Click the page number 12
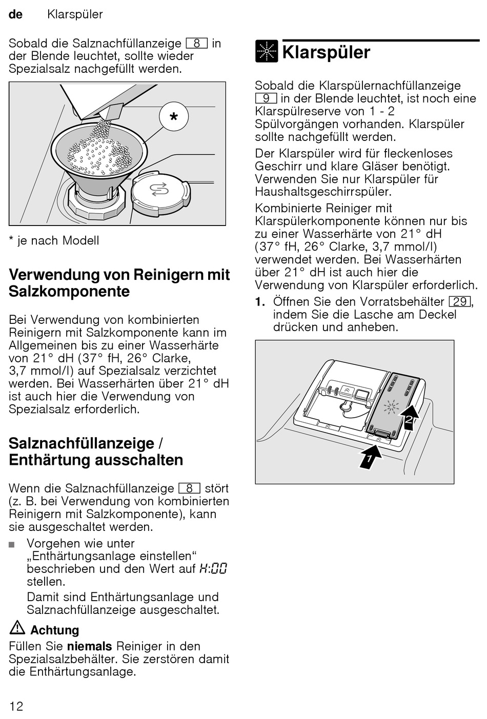16,706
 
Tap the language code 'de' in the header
16,14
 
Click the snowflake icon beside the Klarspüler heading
267,51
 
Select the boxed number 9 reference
266,98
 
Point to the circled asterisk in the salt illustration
174,117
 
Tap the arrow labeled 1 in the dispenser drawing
371,456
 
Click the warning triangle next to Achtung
17,628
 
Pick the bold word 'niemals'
89,646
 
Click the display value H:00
213,569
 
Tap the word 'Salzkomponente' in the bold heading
69,292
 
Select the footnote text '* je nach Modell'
54,241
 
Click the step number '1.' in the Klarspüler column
260,301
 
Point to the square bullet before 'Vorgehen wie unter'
12,545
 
